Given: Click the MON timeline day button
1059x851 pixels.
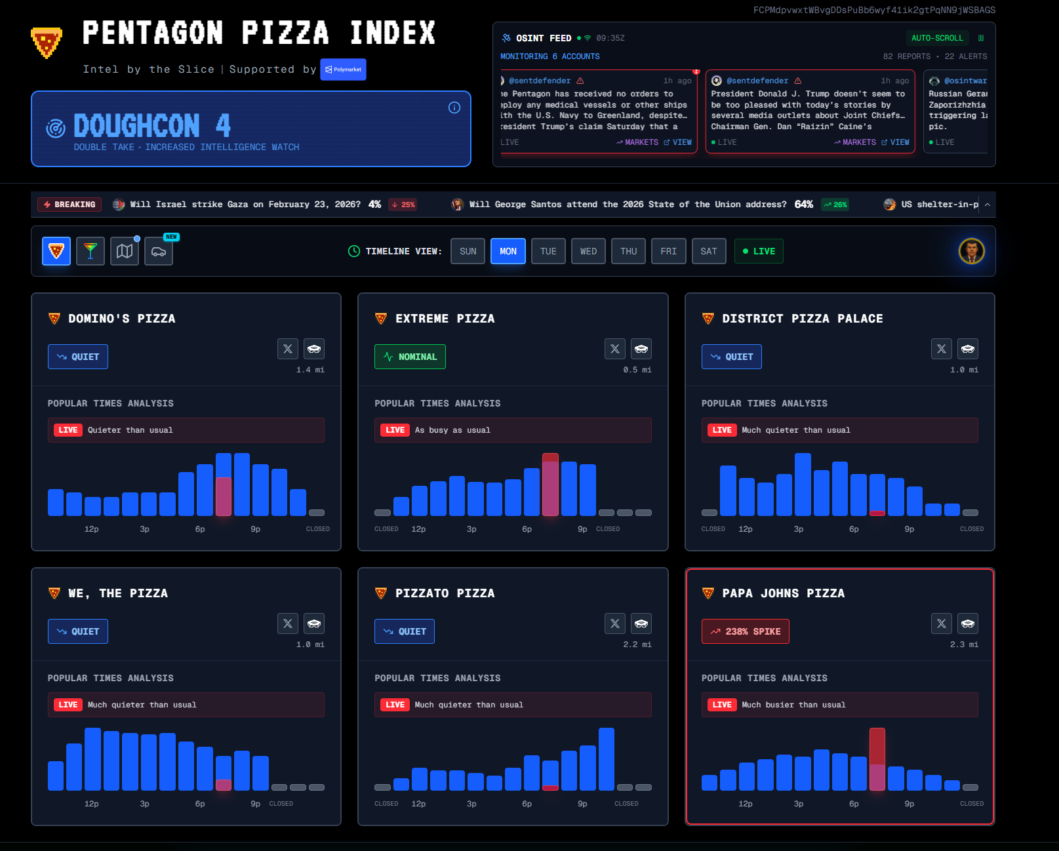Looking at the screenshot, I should tap(508, 251).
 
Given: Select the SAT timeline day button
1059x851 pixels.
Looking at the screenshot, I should tap(709, 251).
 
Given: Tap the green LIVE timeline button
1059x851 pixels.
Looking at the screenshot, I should tap(759, 251).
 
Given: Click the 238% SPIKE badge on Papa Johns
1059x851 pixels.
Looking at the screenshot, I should tap(746, 631).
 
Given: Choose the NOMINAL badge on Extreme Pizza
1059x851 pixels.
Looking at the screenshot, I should tap(410, 357).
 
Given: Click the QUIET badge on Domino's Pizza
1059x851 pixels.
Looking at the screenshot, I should tap(78, 357).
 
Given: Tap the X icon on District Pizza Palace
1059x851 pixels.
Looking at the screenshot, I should tap(941, 349).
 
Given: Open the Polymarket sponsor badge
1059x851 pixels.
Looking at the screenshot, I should tap(343, 69).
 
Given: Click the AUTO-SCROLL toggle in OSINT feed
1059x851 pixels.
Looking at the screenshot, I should tap(937, 38).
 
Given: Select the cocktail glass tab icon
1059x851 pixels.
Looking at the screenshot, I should tap(90, 251).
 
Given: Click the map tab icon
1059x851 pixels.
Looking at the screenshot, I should tap(125, 251).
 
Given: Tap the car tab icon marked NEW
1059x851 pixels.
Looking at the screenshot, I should tap(159, 252).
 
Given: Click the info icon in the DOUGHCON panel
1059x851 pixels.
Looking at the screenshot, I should tap(454, 108).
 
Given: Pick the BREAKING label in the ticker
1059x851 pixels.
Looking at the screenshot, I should tap(70, 205).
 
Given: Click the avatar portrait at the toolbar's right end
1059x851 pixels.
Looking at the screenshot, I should tap(971, 251).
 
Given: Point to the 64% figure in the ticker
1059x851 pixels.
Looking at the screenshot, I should tap(804, 205).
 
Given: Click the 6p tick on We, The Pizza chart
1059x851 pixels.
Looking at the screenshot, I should tap(200, 804).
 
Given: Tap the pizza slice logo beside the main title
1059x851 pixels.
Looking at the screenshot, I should tap(47, 43).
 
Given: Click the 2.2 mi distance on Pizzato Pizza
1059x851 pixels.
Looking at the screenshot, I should tap(637, 644).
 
